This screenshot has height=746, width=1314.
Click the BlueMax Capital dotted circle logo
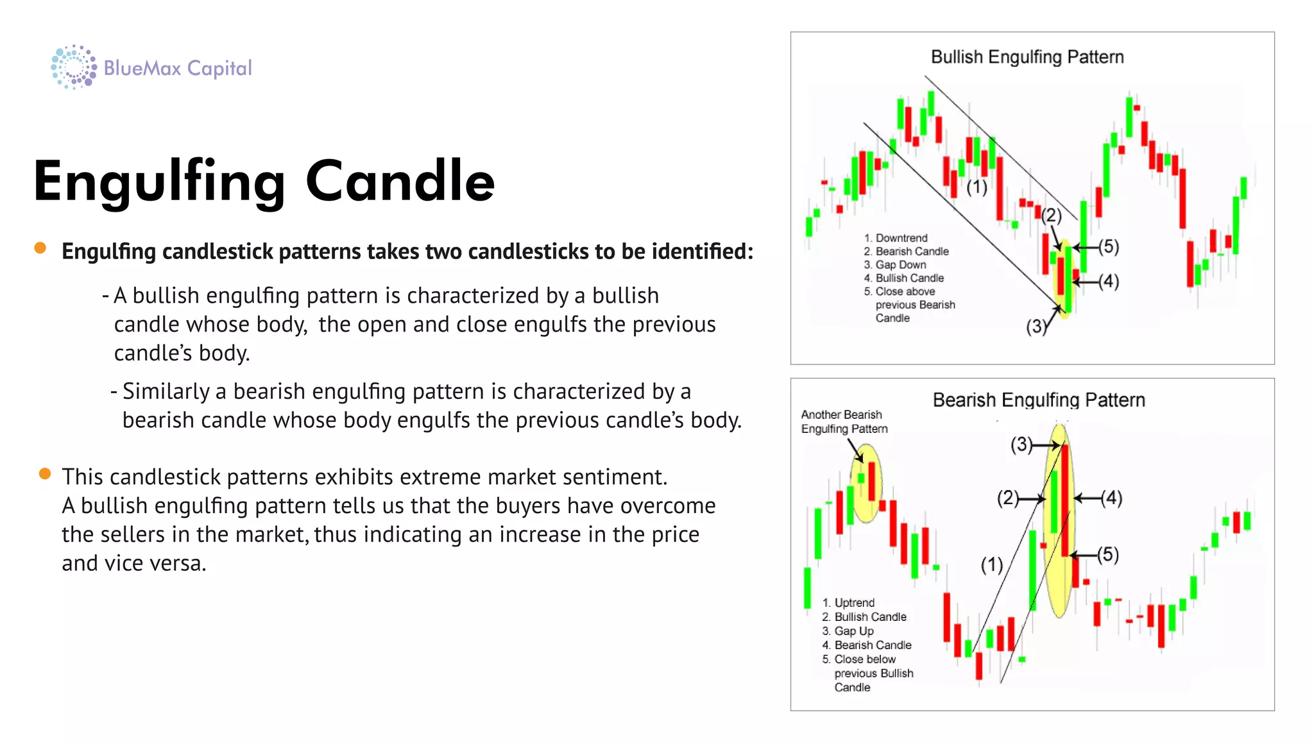73,67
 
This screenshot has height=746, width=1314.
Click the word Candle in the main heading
400,182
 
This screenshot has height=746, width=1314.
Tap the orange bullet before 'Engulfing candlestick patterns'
40,248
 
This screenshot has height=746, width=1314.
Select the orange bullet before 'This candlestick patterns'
44,474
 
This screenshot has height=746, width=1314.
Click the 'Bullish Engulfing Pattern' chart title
1027,57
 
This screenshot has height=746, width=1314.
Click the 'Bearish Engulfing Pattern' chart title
1038,400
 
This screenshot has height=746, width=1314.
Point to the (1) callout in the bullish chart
977,187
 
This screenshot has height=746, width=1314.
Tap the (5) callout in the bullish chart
1109,246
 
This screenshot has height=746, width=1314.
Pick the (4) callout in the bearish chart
1112,498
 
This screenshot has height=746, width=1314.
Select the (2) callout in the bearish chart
1007,498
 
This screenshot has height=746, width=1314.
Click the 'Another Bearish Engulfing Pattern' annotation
844,421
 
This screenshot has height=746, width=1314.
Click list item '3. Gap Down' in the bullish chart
895,265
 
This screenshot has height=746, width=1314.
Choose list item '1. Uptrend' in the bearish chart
848,603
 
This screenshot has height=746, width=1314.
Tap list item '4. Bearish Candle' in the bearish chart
867,645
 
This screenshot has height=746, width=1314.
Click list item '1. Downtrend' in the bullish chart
896,238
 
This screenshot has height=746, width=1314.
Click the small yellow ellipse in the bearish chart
866,482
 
